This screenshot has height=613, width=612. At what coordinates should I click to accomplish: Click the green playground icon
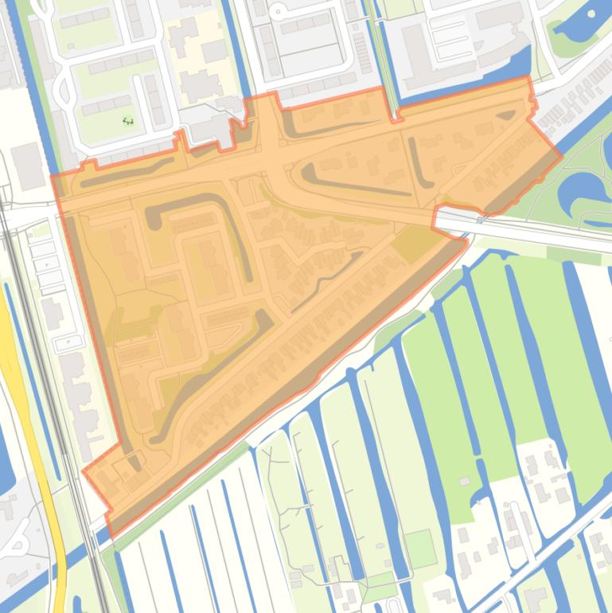(x=128, y=121)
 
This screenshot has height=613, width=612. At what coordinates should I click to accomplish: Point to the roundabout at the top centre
(x=279, y=11)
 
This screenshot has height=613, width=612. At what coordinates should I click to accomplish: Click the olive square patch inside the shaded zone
(x=412, y=244)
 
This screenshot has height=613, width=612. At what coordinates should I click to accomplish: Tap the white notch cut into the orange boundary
(x=449, y=218)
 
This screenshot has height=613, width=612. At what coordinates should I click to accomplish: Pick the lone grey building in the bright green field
(x=464, y=482)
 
